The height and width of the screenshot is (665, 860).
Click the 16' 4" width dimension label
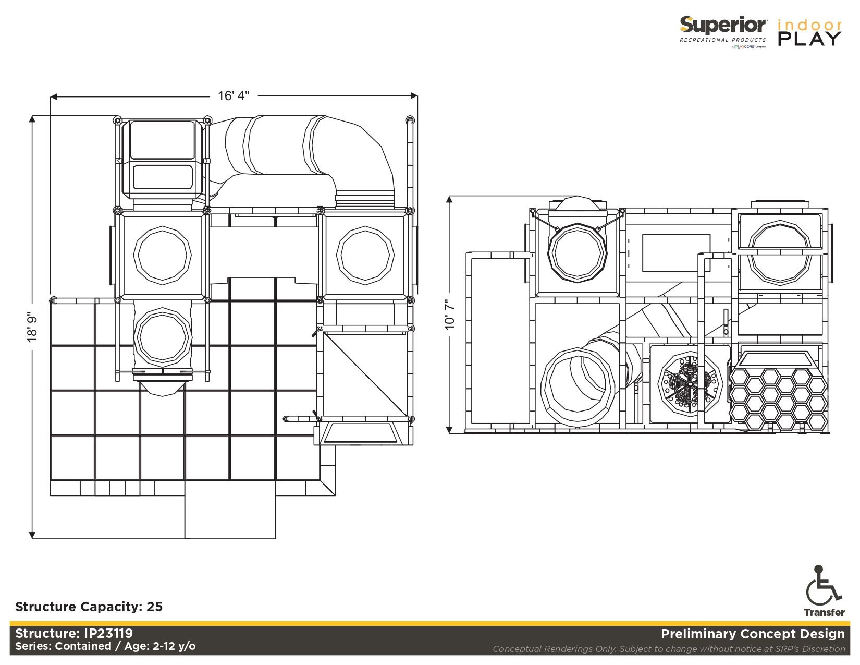234,96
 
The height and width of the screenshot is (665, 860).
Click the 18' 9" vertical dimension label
32,328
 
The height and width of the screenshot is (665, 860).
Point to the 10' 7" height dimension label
450,315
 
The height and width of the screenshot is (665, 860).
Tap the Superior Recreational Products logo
723,32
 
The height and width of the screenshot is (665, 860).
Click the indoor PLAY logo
809,32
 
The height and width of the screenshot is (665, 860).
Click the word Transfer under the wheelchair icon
824,612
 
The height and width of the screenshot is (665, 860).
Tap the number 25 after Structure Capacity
155,607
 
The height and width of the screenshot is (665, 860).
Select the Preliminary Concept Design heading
753,634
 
